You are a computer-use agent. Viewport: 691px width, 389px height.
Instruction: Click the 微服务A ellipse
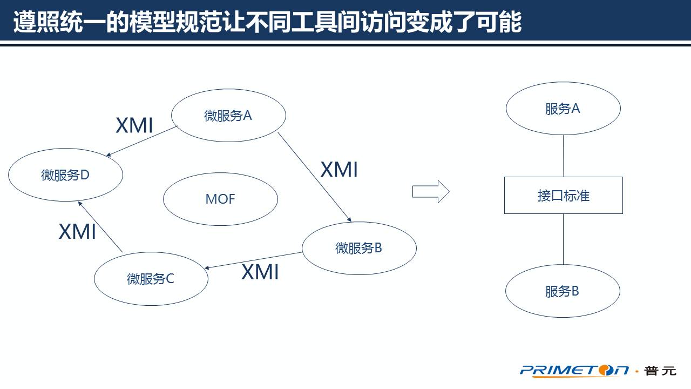tap(228, 115)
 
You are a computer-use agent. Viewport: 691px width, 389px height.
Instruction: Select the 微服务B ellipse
tap(359, 248)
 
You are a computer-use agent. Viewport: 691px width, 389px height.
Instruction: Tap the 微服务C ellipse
tap(151, 279)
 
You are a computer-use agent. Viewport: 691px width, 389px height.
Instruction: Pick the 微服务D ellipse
tap(65, 175)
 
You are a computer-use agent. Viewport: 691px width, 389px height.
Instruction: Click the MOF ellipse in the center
tap(220, 199)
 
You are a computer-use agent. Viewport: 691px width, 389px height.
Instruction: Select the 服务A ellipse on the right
tap(563, 109)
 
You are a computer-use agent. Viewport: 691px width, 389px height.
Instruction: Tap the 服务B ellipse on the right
tap(563, 291)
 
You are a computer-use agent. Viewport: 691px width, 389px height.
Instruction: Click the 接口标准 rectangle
tap(563, 195)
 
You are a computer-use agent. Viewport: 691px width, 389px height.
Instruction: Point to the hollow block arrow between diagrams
tap(431, 192)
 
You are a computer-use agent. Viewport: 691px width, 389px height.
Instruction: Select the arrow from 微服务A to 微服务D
tap(143, 142)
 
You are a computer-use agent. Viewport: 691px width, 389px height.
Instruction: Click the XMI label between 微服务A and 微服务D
tap(134, 126)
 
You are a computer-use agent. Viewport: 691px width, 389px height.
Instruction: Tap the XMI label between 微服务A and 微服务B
tap(339, 170)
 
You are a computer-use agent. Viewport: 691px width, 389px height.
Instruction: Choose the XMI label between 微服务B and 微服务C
tap(260, 272)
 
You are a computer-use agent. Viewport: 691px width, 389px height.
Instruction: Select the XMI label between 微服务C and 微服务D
tap(77, 231)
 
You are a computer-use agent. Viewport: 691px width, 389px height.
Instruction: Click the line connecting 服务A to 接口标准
tap(564, 156)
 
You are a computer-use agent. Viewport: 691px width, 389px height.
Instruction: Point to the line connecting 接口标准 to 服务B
tap(564, 239)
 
